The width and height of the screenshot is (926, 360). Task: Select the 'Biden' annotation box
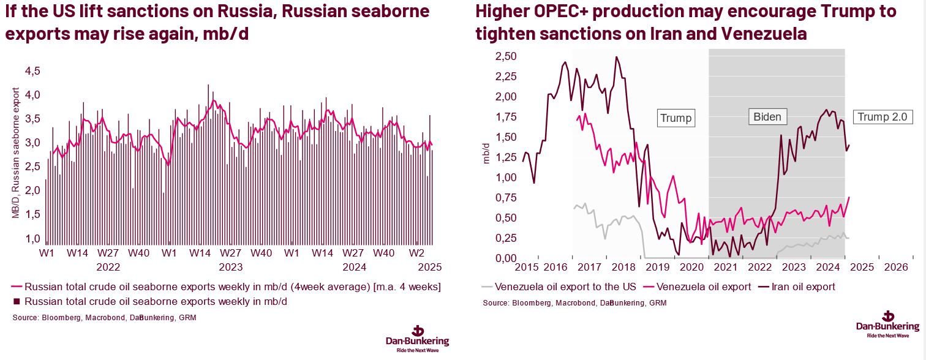tap(767, 117)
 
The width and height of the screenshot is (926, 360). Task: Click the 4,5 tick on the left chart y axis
tap(32, 71)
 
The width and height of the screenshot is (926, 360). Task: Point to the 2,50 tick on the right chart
tap(506, 56)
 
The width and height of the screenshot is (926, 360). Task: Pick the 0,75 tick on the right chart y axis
tap(506, 198)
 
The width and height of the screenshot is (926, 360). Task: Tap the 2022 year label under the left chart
tap(108, 267)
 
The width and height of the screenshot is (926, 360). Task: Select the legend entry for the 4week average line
tap(227, 287)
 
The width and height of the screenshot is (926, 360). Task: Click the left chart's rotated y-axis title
tap(16, 153)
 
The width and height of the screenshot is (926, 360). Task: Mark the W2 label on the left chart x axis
tap(416, 253)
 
